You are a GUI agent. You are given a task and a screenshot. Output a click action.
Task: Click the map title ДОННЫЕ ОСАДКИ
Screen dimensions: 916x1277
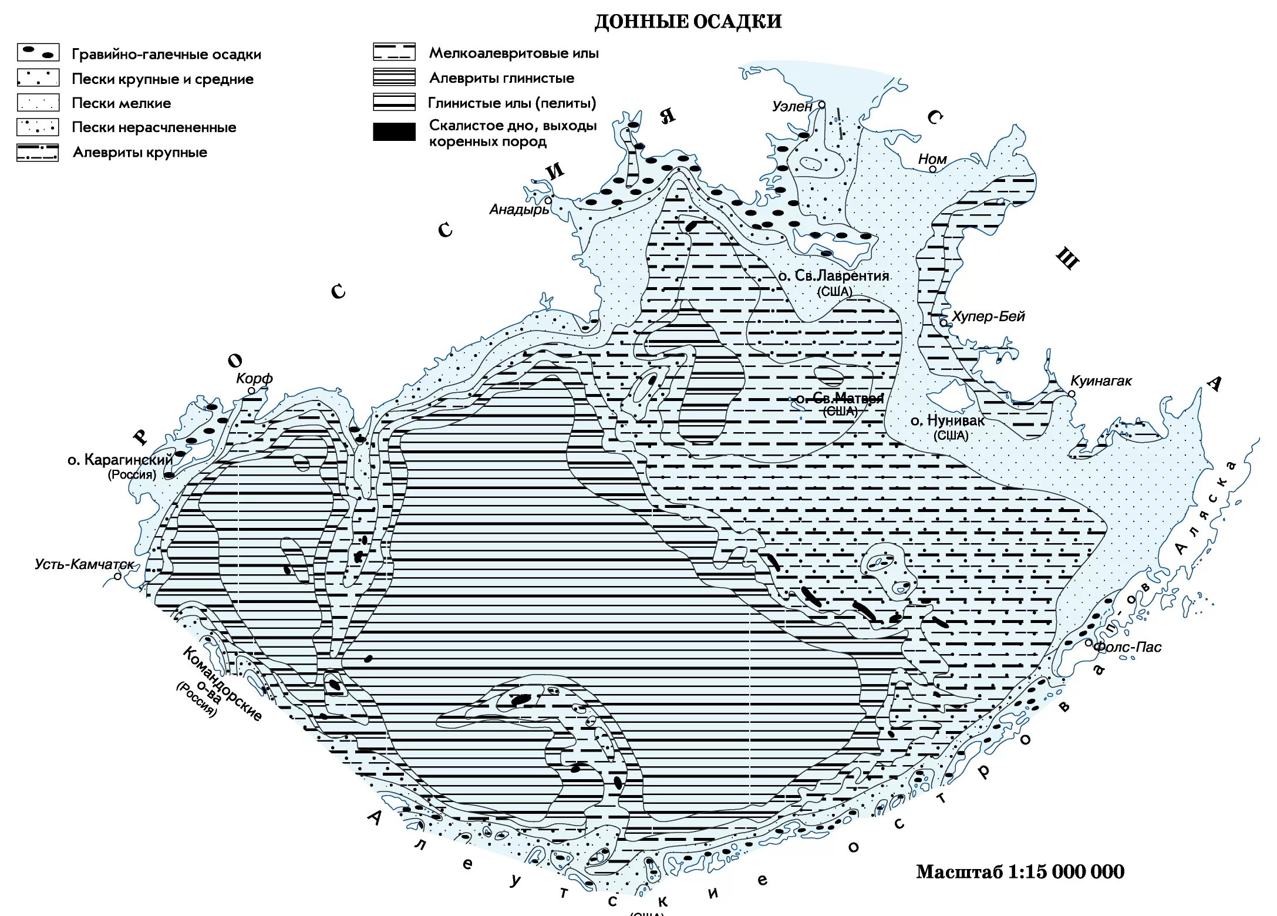tap(688, 22)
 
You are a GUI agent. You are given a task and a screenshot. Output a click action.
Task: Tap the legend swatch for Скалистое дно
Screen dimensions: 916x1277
tap(394, 132)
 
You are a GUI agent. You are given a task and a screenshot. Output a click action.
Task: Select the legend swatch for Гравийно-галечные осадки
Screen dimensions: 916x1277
tap(38, 53)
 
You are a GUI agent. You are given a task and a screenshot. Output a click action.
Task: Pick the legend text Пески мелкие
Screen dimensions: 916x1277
tap(121, 103)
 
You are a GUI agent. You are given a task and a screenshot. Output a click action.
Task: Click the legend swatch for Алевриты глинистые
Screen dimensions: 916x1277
tap(394, 78)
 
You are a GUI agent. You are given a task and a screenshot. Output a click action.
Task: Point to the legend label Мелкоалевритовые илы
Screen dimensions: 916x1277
tap(514, 53)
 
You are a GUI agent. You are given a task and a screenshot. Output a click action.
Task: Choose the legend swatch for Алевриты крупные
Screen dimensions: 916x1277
tap(38, 153)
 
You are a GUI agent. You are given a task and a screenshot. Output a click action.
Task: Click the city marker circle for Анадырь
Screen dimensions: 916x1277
tap(548, 201)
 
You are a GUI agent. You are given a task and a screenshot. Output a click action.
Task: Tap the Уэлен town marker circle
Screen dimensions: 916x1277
tap(821, 105)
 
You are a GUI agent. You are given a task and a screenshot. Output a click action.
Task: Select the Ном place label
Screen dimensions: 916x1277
tap(932, 159)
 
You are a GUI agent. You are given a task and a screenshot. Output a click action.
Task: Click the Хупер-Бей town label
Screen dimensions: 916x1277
tap(988, 316)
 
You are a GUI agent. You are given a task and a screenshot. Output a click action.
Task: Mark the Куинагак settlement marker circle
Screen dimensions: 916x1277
tap(1072, 394)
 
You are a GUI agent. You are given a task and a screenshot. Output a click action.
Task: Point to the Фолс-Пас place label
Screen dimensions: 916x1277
tap(1128, 647)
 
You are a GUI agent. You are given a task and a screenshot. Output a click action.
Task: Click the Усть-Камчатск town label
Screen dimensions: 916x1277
tap(84, 564)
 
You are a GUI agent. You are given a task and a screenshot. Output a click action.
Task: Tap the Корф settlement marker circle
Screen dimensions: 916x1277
tap(251, 390)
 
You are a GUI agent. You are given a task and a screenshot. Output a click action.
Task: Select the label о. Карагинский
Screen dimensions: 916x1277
tap(120, 460)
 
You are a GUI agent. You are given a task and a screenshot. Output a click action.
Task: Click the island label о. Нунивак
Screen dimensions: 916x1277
tap(947, 421)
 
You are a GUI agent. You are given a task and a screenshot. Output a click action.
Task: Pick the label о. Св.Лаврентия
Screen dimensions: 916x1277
tap(833, 276)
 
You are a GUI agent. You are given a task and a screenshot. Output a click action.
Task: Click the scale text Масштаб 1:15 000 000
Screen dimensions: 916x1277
tap(1020, 872)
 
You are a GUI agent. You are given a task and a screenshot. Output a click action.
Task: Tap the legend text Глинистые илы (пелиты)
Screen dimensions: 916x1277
tap(512, 103)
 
